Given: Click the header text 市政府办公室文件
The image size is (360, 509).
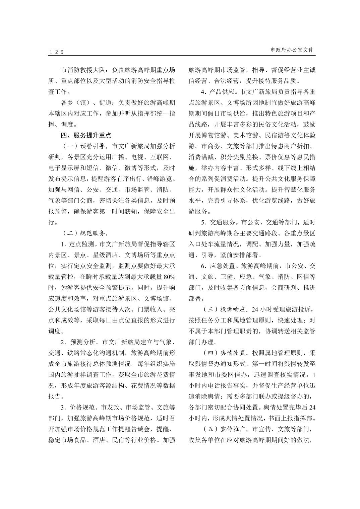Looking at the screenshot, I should point(292,50).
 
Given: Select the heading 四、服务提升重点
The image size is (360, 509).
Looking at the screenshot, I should point(86,135).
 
